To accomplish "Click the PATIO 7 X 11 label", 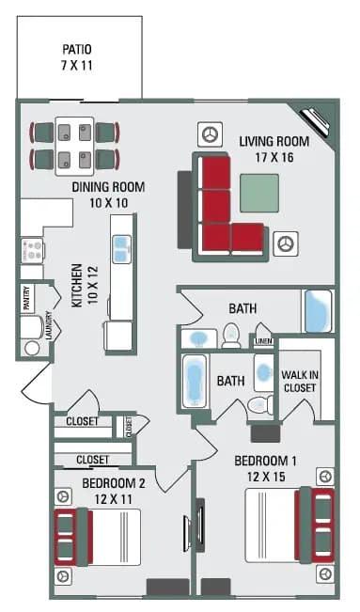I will [79, 57].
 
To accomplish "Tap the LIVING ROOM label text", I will [273, 149].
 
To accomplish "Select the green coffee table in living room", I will [258, 193].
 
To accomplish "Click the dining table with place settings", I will [74, 144].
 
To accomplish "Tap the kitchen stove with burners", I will [32, 251].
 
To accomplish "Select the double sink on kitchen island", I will [122, 248].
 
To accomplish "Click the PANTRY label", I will [26, 297].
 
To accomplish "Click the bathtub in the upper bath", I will [318, 311].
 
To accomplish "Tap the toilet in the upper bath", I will [230, 336].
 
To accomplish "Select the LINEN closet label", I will [263, 341].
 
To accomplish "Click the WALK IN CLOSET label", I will [299, 381].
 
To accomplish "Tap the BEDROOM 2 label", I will [113, 491].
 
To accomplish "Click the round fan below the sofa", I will [285, 244].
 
